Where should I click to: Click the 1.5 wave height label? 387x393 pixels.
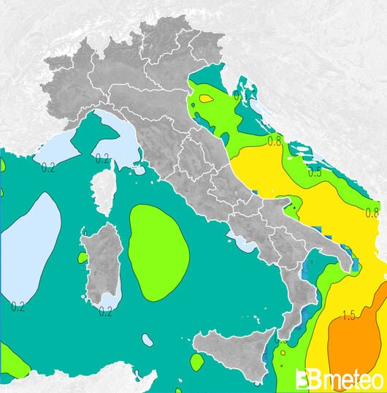(x=348, y=315)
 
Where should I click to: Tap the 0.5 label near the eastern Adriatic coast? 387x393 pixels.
(x=315, y=172)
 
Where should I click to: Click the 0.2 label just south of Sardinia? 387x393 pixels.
(x=105, y=312)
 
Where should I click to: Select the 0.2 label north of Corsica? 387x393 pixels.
(x=102, y=157)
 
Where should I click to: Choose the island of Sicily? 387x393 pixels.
(x=234, y=354)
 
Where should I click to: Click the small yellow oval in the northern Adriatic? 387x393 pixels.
(x=206, y=99)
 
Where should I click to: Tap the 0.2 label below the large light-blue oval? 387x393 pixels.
(x=18, y=307)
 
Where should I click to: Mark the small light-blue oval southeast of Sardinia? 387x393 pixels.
(x=147, y=340)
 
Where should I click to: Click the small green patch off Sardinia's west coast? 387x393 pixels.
(x=83, y=257)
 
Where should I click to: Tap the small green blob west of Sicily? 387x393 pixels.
(x=196, y=362)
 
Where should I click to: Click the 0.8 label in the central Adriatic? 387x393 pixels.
(x=275, y=140)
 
